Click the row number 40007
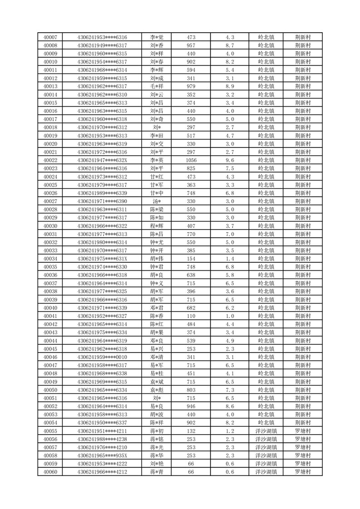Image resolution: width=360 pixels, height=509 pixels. pyautogui.click(x=50, y=37)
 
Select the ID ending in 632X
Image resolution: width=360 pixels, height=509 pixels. pyautogui.click(x=102, y=160)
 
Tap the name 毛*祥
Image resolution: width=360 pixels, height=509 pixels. pyautogui.click(x=157, y=86)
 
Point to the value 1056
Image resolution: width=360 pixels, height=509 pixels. pyautogui.click(x=191, y=160)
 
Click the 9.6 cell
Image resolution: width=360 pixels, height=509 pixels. pyautogui.click(x=229, y=160)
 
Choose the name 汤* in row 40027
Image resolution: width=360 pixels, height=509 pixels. pyautogui.click(x=157, y=201)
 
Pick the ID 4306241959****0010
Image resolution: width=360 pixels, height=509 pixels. pyautogui.click(x=102, y=357)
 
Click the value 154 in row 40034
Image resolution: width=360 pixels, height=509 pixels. pyautogui.click(x=191, y=259)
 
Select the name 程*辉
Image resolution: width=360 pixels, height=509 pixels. pyautogui.click(x=157, y=226)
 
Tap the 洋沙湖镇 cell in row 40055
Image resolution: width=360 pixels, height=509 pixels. pyautogui.click(x=266, y=431)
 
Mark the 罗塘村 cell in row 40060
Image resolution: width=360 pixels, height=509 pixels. pyautogui.click(x=302, y=472)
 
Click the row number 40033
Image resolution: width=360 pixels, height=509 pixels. pyautogui.click(x=50, y=250)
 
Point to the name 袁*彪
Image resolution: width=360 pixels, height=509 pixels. pyautogui.click(x=157, y=390)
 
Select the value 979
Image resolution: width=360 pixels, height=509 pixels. pyautogui.click(x=191, y=86)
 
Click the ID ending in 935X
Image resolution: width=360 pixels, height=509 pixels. pyautogui.click(x=102, y=455)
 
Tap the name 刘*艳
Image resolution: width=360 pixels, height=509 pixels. pyautogui.click(x=157, y=464)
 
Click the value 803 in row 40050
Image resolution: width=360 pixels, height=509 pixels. pyautogui.click(x=191, y=390)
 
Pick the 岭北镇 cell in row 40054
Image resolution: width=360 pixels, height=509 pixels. pyautogui.click(x=266, y=422)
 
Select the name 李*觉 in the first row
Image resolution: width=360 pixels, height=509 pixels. pyautogui.click(x=157, y=37)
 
